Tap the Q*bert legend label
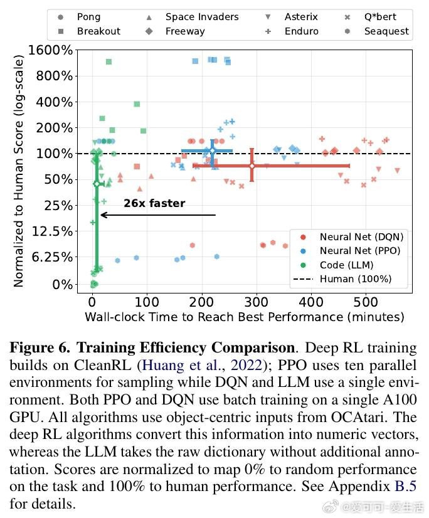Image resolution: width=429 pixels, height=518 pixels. point(380,17)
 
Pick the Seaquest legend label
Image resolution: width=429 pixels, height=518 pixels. point(386,31)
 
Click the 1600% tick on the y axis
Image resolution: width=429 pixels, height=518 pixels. point(51,50)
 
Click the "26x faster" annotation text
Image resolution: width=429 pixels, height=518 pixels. point(154,203)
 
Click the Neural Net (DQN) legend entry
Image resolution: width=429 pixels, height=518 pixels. point(361,237)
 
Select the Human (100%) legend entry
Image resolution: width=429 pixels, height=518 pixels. point(355,278)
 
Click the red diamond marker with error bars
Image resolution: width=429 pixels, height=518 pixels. point(252,166)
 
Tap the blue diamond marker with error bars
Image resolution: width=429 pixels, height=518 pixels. point(212,151)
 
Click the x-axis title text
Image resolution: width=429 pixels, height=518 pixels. point(244,317)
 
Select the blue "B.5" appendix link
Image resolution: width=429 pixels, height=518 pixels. point(405,487)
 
